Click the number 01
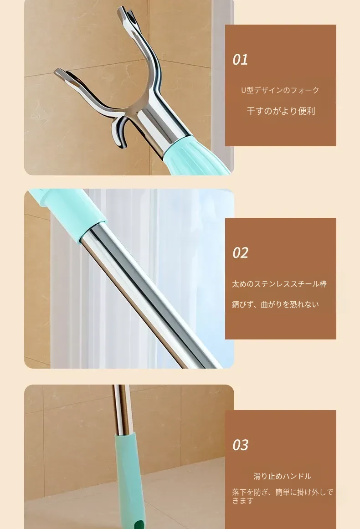[240, 60]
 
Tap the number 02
[240, 253]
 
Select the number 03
[240, 445]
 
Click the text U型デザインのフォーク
[280, 90]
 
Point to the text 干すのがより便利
[281, 111]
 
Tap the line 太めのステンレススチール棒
[279, 284]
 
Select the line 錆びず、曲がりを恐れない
[275, 304]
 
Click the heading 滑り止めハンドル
[283, 476]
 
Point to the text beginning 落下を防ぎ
[283, 497]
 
